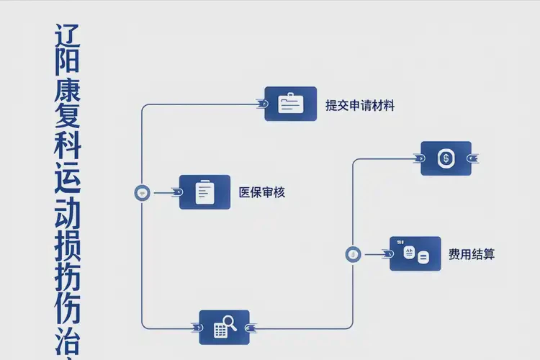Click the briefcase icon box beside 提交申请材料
(x=290, y=104)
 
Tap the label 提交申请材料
(x=360, y=105)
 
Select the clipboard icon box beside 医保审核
(x=204, y=192)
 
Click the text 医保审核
(x=262, y=192)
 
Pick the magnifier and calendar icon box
(x=224, y=328)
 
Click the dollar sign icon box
(x=446, y=158)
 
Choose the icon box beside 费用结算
(x=415, y=253)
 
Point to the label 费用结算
(x=472, y=253)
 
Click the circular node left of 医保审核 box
(x=142, y=192)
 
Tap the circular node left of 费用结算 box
(x=353, y=253)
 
